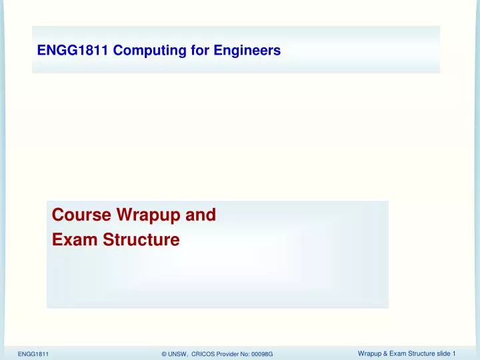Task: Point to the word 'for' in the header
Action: click(193, 49)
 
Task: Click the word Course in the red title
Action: click(81, 215)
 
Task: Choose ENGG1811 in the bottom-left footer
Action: click(33, 353)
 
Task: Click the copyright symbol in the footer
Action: click(164, 353)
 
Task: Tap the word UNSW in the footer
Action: click(179, 353)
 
